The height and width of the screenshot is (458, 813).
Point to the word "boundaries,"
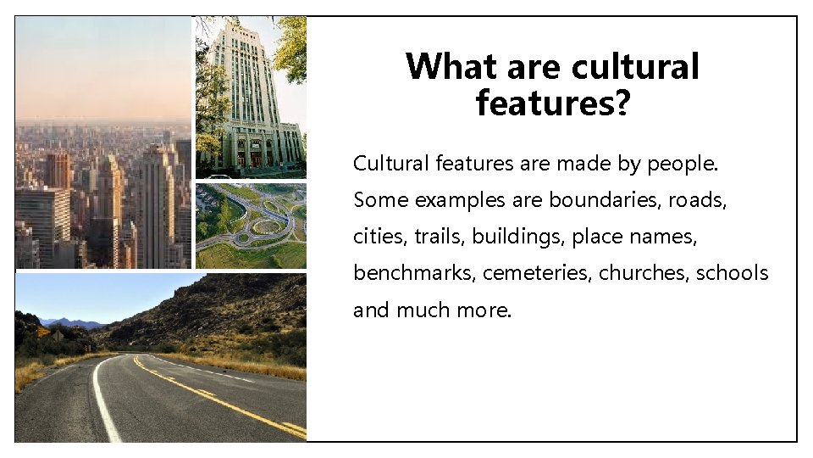tap(606, 200)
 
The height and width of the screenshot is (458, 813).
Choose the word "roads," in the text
tap(698, 200)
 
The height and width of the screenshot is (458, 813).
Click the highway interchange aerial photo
tap(251, 226)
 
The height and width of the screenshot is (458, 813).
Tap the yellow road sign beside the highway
tap(44, 332)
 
